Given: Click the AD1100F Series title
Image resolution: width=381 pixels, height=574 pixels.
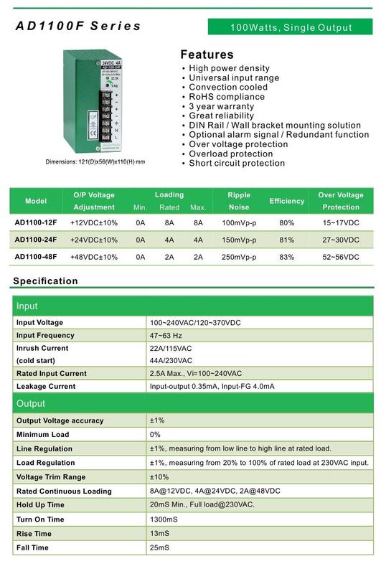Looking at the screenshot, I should click(x=79, y=27).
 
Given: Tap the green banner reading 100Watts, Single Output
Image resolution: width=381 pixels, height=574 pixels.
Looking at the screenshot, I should click(x=291, y=28).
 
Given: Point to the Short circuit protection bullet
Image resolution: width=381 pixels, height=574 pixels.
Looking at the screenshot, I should click(x=237, y=163).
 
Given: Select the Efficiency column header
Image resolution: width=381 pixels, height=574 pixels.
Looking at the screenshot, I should click(x=286, y=201).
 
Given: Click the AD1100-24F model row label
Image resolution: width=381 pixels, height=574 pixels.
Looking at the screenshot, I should click(x=35, y=239).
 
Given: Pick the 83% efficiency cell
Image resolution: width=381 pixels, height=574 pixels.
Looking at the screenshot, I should click(x=286, y=257).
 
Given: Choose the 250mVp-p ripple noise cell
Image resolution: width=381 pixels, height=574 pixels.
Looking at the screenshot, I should click(x=238, y=257).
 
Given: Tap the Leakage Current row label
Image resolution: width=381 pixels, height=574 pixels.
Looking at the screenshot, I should click(x=45, y=386).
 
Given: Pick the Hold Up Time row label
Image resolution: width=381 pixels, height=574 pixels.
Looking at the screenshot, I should click(x=44, y=505).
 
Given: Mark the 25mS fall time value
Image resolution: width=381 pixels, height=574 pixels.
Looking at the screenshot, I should click(x=159, y=547).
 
